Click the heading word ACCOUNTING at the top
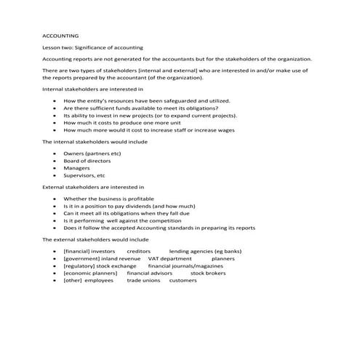click(x=61, y=35)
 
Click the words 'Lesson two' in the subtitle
click(x=58, y=47)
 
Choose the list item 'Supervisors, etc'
click(x=85, y=175)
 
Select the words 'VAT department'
click(x=169, y=257)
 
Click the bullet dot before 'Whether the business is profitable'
click(x=55, y=199)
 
